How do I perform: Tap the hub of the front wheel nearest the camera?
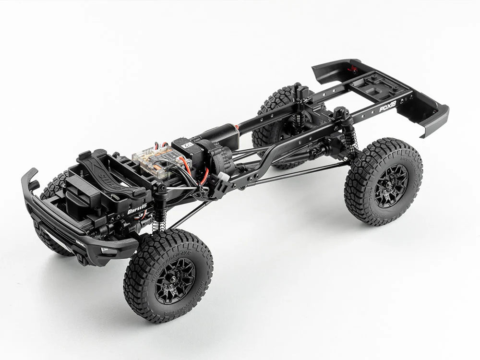(175, 280)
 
